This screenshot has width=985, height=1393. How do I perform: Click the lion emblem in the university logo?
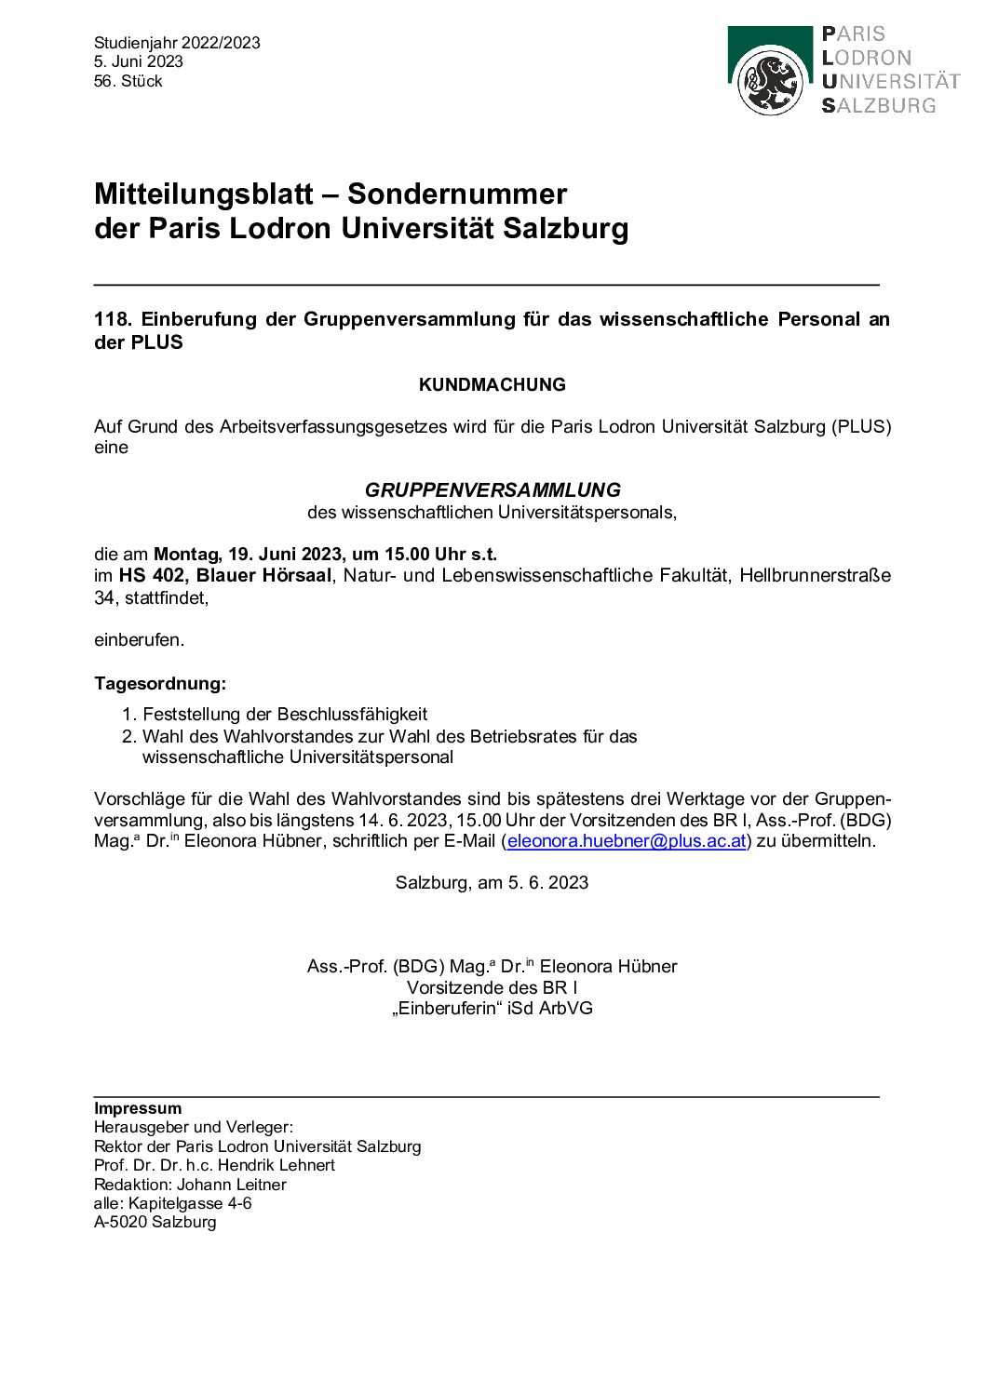770,82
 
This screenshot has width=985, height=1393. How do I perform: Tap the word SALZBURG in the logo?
879,106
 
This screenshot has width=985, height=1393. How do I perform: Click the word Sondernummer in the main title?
456,194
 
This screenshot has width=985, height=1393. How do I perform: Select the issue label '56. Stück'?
128,81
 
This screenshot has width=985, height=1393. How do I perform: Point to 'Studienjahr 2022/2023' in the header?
177,43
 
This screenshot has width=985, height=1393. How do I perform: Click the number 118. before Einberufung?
113,319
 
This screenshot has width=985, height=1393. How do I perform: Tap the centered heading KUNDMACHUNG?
492,384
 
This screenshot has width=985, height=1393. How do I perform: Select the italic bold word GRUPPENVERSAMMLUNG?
492,489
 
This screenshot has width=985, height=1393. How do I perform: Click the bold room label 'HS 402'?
152,575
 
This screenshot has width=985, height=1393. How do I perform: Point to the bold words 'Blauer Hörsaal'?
263,575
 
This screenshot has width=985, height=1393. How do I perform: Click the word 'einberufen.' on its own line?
140,639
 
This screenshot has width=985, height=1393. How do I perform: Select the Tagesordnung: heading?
160,683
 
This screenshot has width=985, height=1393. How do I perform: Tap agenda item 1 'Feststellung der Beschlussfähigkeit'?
285,714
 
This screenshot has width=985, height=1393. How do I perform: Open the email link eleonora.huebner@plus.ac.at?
627,840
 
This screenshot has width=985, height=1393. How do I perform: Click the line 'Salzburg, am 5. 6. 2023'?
492,882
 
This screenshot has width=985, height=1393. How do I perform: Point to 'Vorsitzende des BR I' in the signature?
492,987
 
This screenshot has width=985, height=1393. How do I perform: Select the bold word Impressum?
138,1108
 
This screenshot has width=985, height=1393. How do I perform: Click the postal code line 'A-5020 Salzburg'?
155,1222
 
